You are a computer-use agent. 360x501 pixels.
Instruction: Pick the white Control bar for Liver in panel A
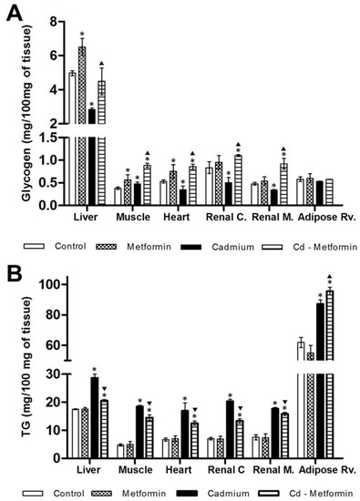point(71,137)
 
